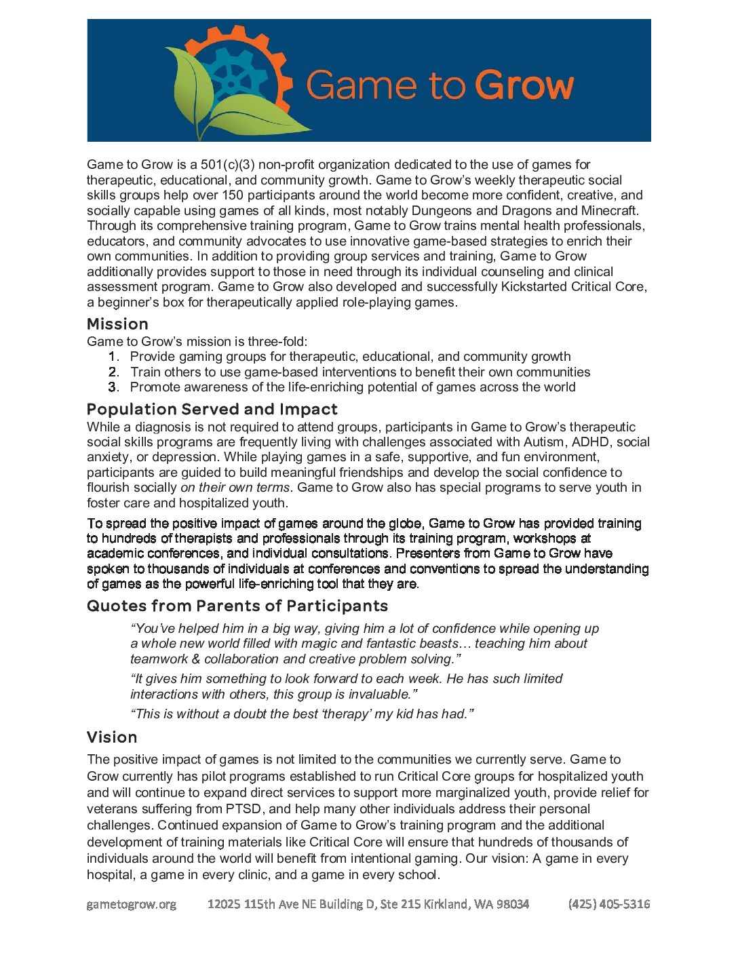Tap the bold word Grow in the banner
pyautogui.click(x=524, y=86)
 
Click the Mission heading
pyautogui.click(x=117, y=324)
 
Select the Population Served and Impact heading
pyautogui.click(x=212, y=410)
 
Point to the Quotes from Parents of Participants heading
pyautogui.click(x=237, y=606)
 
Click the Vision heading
pyautogui.click(x=112, y=737)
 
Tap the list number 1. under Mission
pyautogui.click(x=113, y=357)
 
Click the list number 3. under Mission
pyautogui.click(x=113, y=387)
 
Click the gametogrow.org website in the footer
pyautogui.click(x=132, y=904)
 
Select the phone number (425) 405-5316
pyautogui.click(x=609, y=904)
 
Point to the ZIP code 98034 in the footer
pyautogui.click(x=512, y=904)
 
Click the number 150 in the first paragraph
pyautogui.click(x=233, y=195)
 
